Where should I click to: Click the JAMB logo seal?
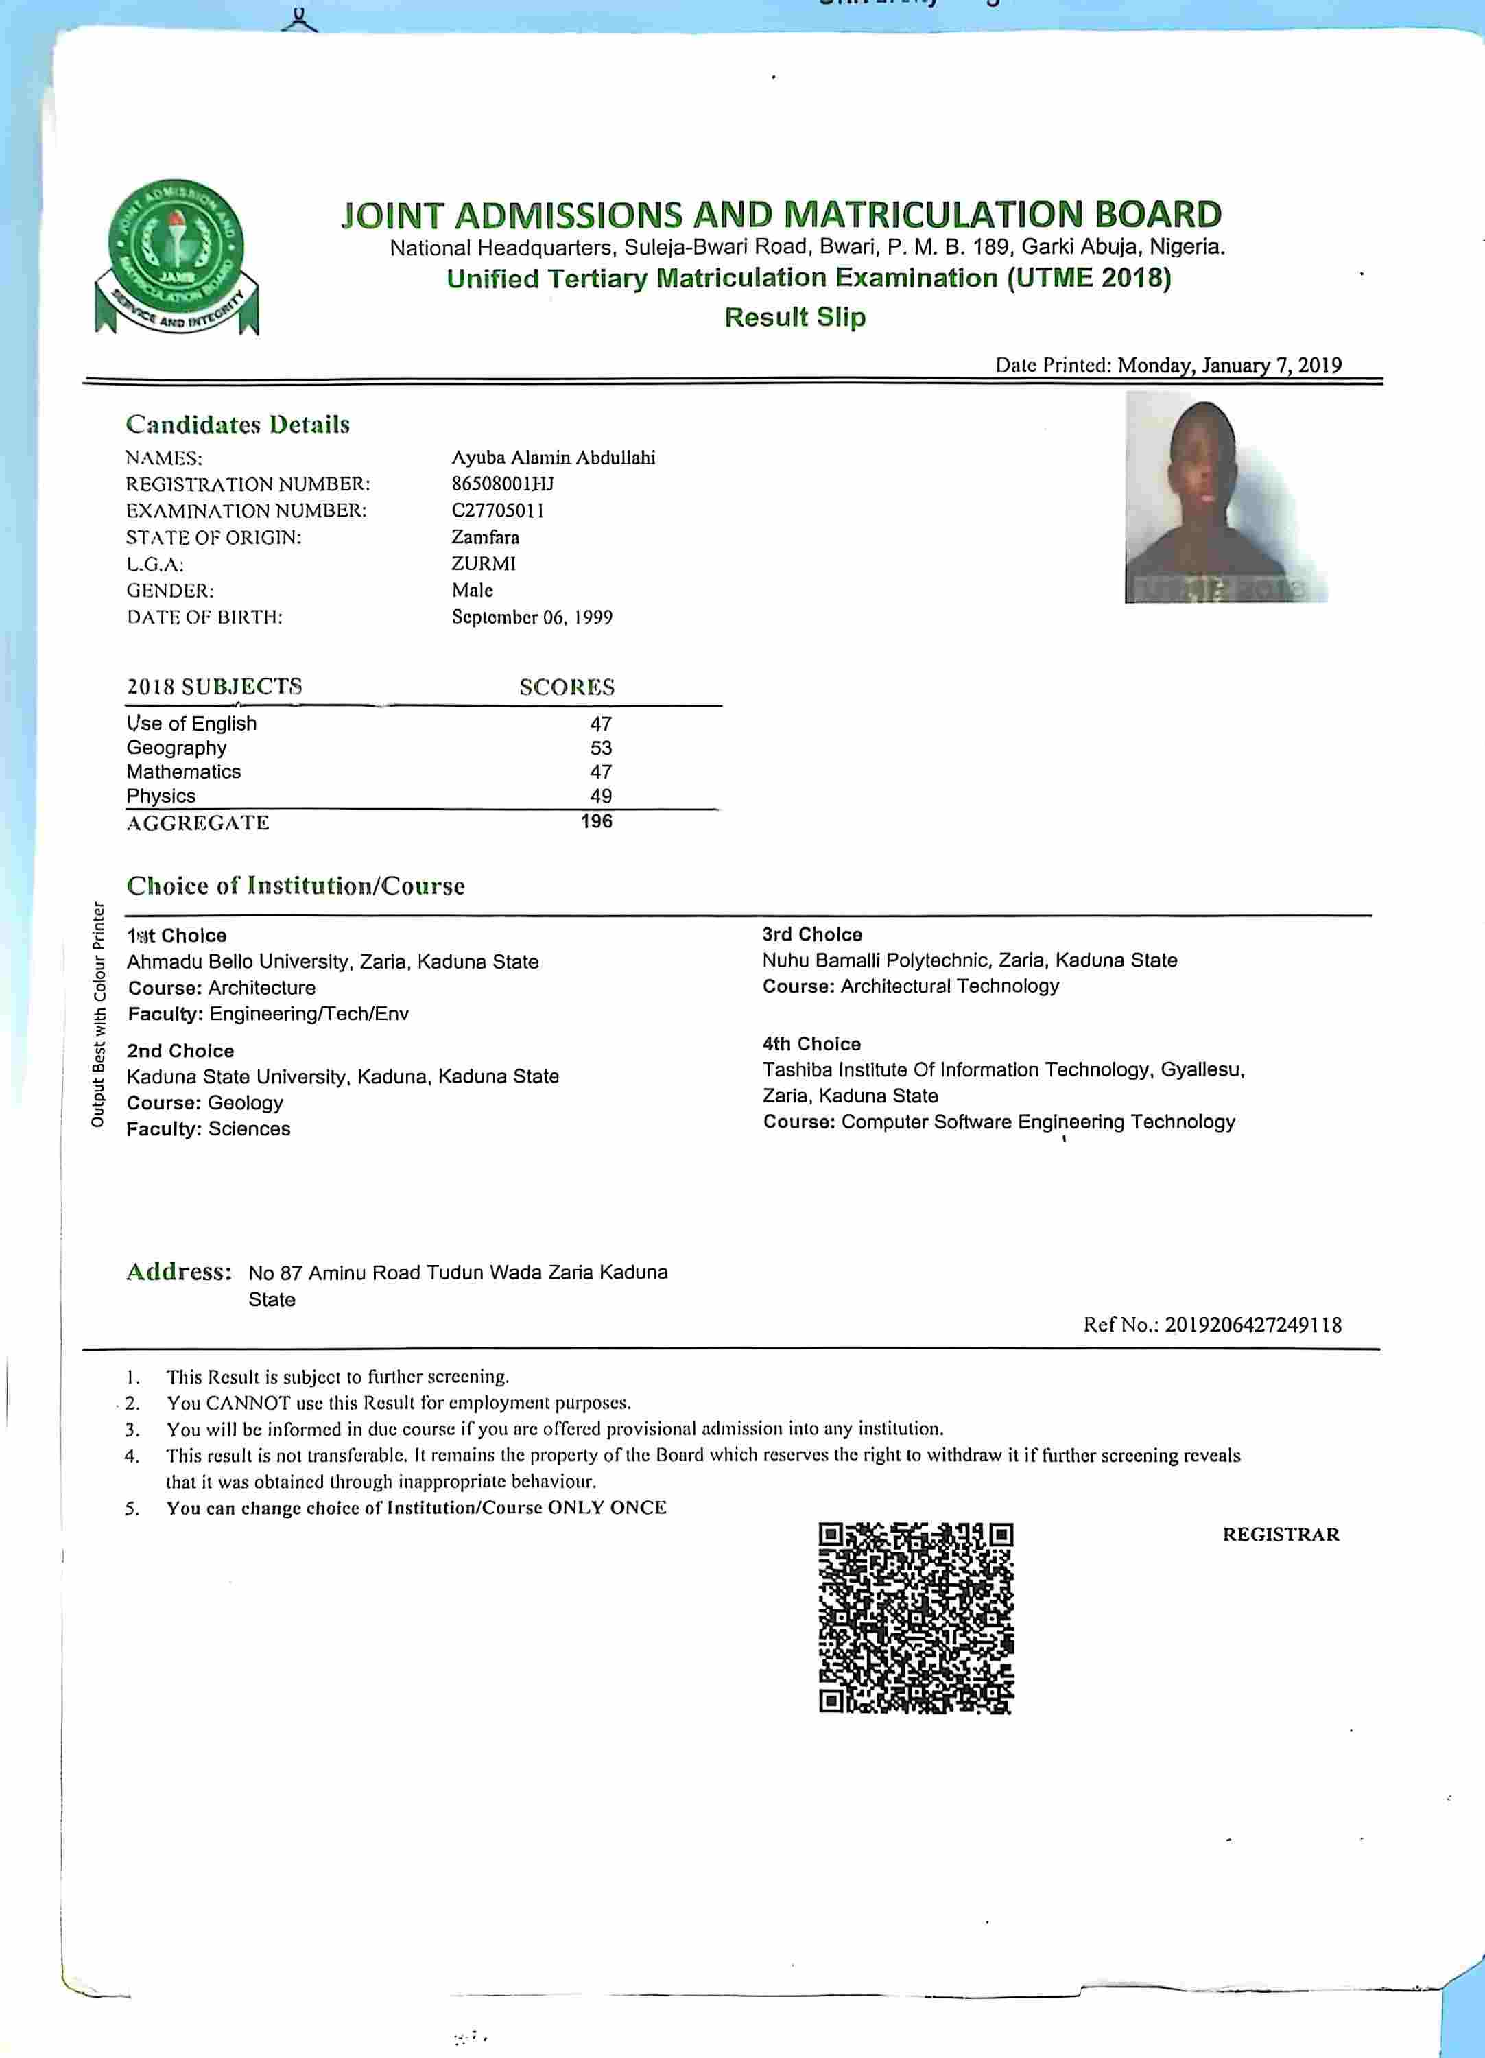click(x=177, y=257)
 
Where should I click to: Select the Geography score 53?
click(x=601, y=748)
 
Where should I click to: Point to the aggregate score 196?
click(x=597, y=821)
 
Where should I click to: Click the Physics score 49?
click(x=601, y=796)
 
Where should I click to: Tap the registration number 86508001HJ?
click(x=503, y=484)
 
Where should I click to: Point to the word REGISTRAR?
click(x=1280, y=1535)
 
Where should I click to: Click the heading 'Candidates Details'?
click(x=238, y=425)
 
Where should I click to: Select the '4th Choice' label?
click(x=811, y=1043)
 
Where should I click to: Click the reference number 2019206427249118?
click(x=1252, y=1325)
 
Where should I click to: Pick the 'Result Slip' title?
click(x=795, y=317)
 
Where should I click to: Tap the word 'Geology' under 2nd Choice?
click(x=245, y=1102)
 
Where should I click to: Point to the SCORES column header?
click(x=567, y=687)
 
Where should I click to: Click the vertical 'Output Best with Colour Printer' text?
click(x=98, y=1014)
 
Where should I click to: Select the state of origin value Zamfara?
click(x=486, y=537)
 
